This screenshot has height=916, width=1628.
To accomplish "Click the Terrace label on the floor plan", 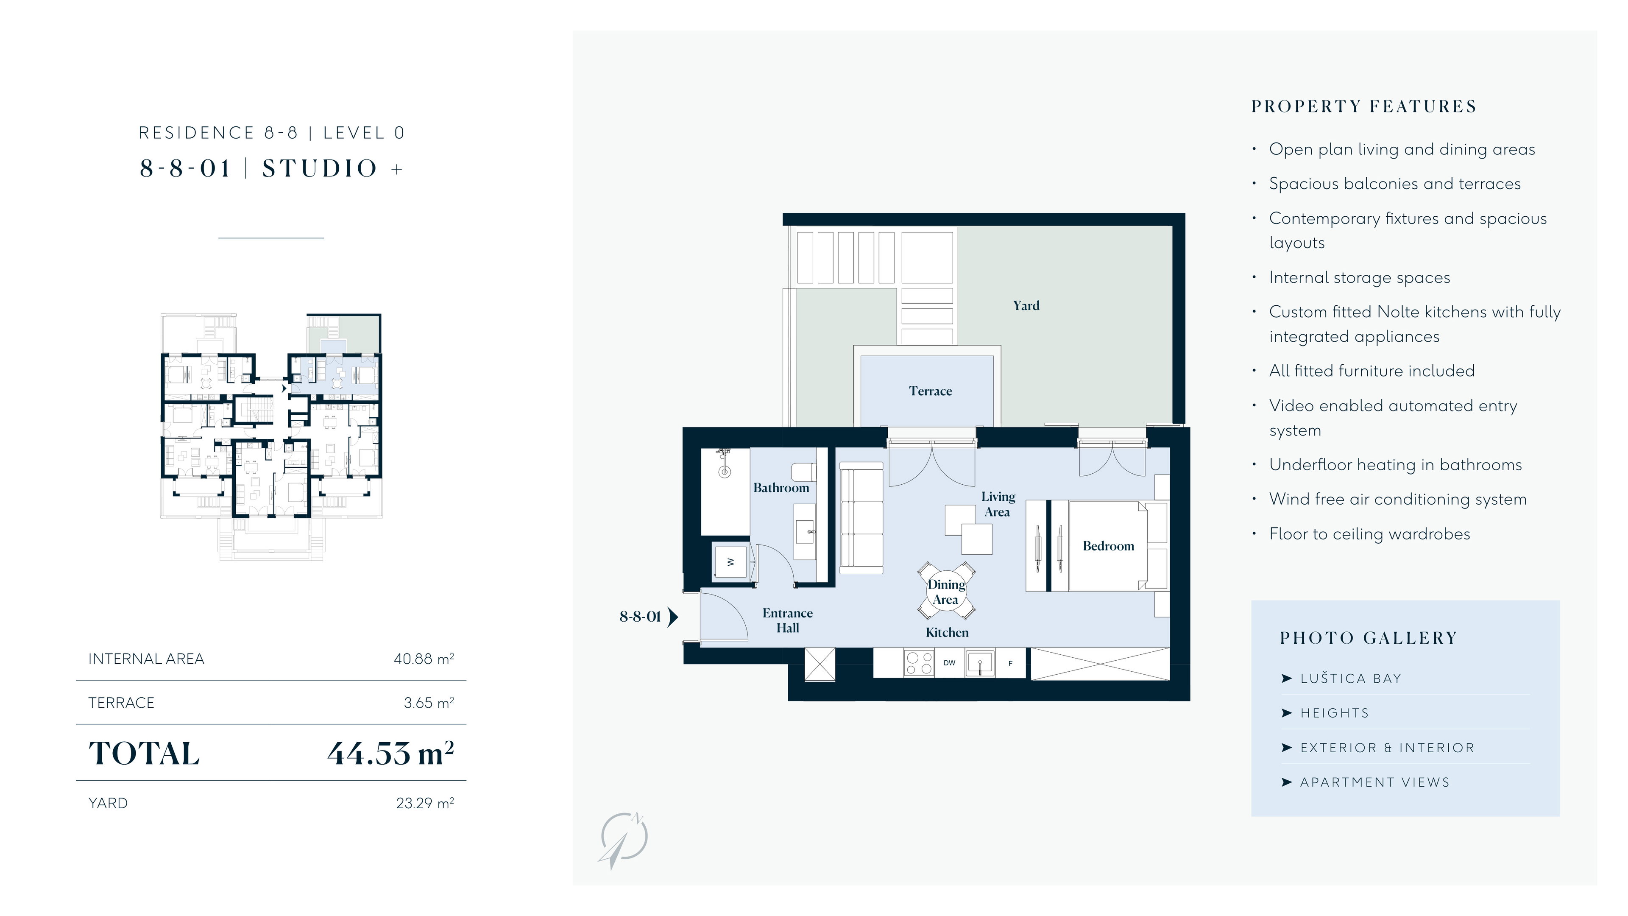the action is (930, 391).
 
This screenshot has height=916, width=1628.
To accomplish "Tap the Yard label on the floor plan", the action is (1026, 306).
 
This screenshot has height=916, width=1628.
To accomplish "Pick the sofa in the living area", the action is (861, 518).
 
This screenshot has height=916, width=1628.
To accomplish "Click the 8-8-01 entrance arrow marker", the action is (673, 616).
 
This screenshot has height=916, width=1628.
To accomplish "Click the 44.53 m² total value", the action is (390, 753).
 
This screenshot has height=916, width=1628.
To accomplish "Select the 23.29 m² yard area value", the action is (425, 803).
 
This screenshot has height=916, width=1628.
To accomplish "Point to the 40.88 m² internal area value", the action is (424, 659).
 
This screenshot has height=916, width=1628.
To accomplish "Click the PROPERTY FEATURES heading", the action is (1364, 106).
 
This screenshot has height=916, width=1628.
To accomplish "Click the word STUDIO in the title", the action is (320, 169).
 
